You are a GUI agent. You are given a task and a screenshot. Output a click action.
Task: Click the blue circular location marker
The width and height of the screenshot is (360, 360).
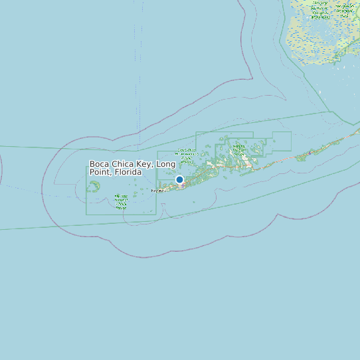[x=179, y=179]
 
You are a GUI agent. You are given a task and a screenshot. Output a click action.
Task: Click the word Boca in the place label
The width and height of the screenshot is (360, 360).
[x=99, y=164]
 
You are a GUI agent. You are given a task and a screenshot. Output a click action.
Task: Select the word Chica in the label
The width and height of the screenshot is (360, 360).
[x=124, y=164]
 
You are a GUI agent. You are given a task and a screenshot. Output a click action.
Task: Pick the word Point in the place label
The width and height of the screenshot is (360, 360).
[x=99, y=172]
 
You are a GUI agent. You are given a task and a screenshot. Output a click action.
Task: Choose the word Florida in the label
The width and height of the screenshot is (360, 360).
[x=128, y=172]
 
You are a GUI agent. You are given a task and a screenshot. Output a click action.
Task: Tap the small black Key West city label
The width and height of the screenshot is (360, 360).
[x=157, y=191]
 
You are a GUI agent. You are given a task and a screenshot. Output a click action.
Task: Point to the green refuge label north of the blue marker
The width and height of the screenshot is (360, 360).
[x=186, y=157]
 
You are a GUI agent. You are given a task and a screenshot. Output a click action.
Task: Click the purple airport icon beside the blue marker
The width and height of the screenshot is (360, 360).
[x=183, y=185]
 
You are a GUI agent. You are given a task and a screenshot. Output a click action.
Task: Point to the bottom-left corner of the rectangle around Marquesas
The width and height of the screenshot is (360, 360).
[x=86, y=215]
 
